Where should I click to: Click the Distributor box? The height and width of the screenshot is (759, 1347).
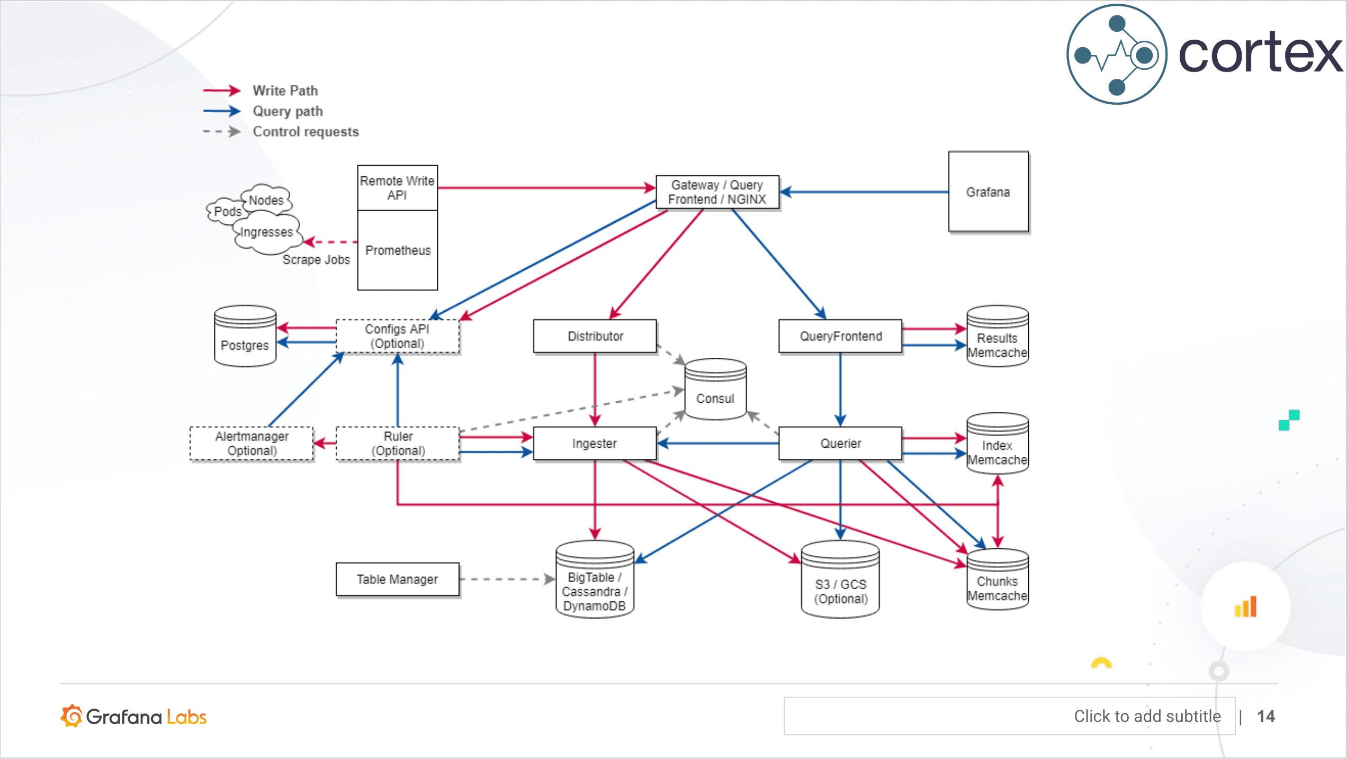pos(595,336)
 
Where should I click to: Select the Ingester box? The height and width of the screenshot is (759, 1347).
pos(595,444)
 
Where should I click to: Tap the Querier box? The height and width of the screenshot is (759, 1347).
pos(840,444)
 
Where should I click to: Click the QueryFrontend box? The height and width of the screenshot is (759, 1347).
pos(840,336)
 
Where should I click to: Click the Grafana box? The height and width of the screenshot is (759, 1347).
pos(988,192)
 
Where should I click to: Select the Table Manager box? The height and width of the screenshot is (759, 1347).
pos(397,580)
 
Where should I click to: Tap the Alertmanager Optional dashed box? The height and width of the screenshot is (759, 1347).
pos(252,444)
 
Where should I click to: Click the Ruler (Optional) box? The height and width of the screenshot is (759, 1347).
pos(398,444)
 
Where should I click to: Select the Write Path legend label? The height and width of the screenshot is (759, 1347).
pos(285,91)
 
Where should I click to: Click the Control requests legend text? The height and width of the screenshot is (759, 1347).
pos(306,132)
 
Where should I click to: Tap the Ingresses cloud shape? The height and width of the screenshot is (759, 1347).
pos(266,233)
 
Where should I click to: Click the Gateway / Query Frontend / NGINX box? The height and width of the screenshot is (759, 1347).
pos(717,192)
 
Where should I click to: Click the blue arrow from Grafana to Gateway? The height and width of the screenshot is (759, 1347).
pos(863,192)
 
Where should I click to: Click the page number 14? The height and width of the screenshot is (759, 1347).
pos(1266,716)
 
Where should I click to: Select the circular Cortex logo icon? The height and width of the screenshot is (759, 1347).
pos(1117,55)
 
